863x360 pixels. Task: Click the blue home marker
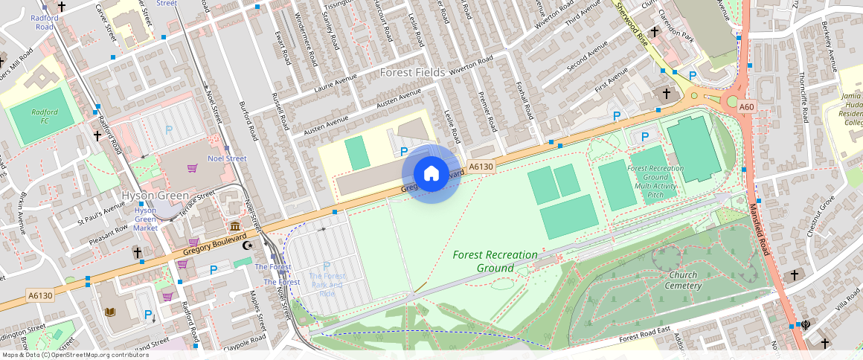[x=431, y=174]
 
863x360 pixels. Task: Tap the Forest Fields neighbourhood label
[x=412, y=72]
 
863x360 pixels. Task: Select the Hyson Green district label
[x=153, y=196]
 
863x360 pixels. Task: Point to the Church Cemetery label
[x=682, y=280]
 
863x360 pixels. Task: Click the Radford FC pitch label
[x=45, y=116]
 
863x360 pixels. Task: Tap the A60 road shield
[x=748, y=107]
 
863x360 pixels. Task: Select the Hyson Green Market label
[x=145, y=219]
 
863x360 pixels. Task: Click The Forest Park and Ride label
[x=327, y=284]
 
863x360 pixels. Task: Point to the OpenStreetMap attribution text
[x=74, y=355]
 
